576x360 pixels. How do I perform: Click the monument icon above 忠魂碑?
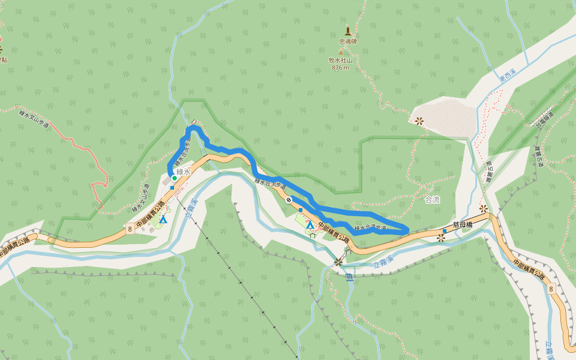tap(347, 31)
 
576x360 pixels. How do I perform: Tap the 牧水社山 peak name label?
tap(340, 61)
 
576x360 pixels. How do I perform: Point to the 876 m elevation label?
tap(340, 68)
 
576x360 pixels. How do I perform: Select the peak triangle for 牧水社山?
tap(340, 53)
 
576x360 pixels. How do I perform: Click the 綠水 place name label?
tap(184, 172)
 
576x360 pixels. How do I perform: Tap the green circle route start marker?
tap(175, 178)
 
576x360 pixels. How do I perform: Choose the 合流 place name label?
tap(432, 200)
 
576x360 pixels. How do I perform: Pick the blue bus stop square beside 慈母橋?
tap(445, 230)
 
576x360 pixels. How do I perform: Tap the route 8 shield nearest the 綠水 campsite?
tap(130, 228)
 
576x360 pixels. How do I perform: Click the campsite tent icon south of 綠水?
tap(163, 220)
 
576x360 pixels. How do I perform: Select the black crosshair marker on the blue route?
tap(289, 200)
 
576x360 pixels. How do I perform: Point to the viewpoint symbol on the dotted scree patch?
tap(419, 121)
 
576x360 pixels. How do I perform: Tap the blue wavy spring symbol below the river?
tap(350, 277)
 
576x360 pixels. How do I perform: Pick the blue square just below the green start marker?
tap(172, 188)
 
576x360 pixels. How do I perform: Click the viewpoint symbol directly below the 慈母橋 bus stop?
tap(441, 238)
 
